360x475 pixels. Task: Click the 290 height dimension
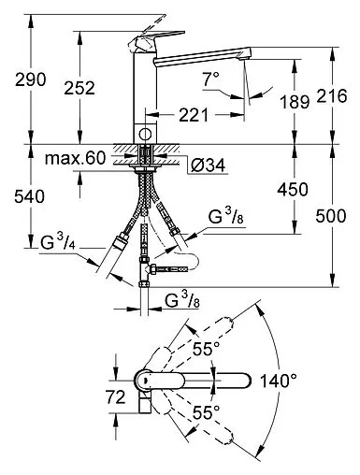tap(31, 79)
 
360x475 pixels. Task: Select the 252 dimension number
tap(79, 88)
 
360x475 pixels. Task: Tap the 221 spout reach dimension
tap(194, 115)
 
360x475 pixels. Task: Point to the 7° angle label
tap(211, 79)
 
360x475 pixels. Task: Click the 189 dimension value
tap(295, 101)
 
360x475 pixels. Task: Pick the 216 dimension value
tap(332, 95)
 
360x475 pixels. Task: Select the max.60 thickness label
tap(75, 158)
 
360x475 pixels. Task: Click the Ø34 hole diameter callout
tap(209, 165)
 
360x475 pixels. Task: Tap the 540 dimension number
tap(30, 196)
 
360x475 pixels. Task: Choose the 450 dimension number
tap(293, 189)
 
